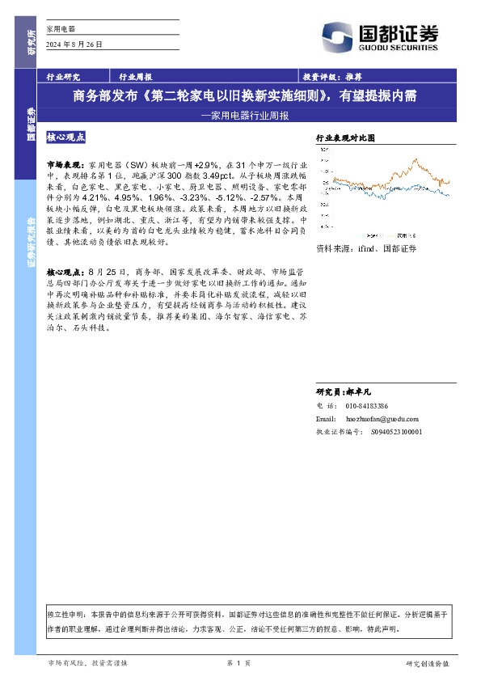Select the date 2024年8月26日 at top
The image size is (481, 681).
click(x=74, y=44)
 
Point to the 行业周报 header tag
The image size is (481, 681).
click(x=135, y=78)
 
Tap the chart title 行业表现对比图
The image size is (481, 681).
click(x=346, y=139)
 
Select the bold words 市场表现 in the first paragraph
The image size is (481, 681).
click(x=63, y=163)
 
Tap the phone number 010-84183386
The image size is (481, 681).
click(x=367, y=404)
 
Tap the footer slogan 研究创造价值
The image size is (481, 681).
click(x=427, y=664)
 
